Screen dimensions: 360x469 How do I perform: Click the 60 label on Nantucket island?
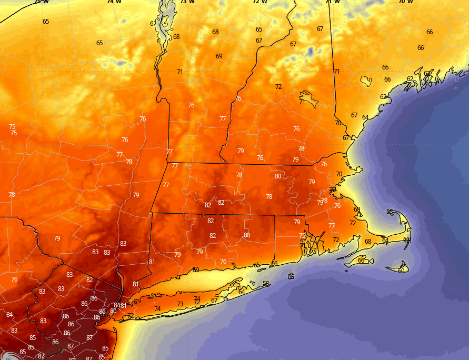401,271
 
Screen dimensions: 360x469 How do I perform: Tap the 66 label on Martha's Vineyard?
361,261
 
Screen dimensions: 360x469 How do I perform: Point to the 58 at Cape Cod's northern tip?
390,212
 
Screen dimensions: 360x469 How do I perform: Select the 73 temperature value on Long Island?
180,304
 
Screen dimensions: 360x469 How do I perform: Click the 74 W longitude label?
114,2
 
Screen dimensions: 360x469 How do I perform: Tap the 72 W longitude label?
260,2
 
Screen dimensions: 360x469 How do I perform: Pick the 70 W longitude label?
405,2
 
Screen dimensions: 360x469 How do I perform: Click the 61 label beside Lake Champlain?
153,24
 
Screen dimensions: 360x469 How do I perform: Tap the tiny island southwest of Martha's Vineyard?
346,272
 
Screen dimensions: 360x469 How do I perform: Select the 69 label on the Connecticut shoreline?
196,270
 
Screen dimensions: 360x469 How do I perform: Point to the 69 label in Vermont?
219,56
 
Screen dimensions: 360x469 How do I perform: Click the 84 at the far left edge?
9,315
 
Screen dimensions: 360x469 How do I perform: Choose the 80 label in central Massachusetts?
278,176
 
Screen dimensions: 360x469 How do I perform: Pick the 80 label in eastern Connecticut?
247,235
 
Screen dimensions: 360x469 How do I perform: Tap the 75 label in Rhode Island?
302,236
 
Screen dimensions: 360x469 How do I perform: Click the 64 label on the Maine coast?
365,117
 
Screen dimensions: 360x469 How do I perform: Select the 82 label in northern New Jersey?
89,280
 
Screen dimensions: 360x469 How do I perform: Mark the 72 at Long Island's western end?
131,316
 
